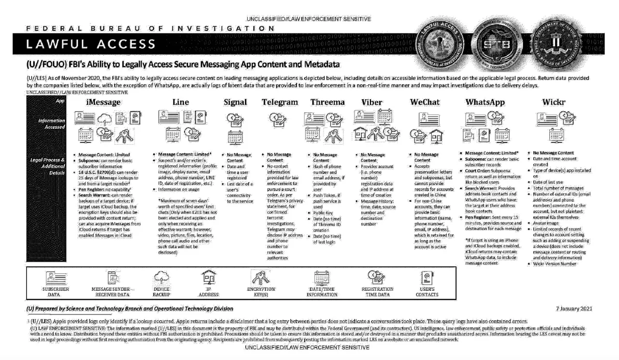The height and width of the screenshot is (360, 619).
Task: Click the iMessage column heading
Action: point(103,102)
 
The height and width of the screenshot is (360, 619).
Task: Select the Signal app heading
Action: point(235,102)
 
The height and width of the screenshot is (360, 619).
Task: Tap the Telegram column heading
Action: point(280,102)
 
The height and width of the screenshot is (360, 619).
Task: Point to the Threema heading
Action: point(327,102)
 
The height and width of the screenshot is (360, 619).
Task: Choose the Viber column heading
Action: point(372,102)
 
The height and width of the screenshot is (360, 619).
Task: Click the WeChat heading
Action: point(425,102)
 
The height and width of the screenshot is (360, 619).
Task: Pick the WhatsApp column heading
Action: point(485,102)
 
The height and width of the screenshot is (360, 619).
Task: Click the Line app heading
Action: point(181,102)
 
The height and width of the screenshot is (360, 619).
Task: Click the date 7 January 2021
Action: point(574,309)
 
